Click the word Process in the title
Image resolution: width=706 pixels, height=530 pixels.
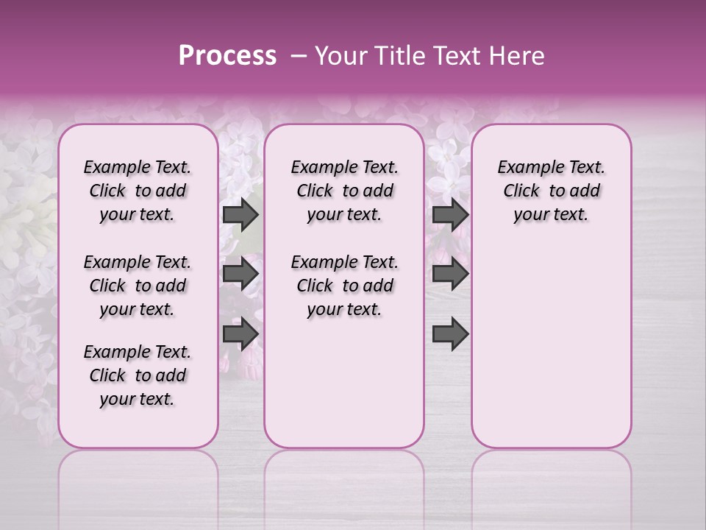227,56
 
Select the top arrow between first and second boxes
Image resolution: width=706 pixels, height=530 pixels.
240,214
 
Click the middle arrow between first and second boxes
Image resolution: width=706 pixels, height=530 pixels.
240,275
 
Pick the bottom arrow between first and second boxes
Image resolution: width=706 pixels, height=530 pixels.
240,334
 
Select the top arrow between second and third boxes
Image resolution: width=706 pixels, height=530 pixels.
450,214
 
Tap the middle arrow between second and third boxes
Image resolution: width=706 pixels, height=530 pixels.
450,275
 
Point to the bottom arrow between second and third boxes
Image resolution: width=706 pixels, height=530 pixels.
450,334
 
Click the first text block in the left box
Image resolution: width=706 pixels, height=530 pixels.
138,191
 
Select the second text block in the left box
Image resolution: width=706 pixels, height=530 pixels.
138,286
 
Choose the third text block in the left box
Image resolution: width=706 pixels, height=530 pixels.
138,375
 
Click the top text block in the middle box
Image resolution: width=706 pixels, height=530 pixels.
344,191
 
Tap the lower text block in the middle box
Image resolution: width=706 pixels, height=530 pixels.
344,286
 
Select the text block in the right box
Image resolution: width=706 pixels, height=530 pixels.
551,191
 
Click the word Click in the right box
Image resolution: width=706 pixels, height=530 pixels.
521,191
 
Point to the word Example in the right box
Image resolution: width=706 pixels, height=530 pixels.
529,168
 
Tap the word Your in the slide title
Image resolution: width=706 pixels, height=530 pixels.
340,56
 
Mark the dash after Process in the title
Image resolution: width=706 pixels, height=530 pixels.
298,57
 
